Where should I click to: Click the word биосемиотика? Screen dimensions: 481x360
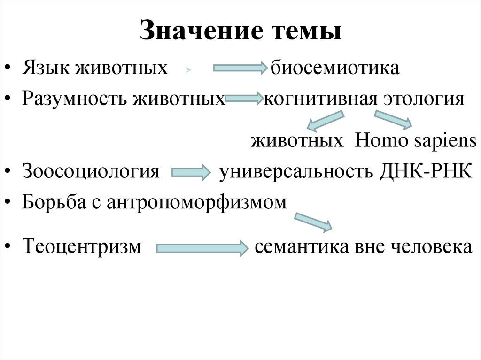click(x=334, y=68)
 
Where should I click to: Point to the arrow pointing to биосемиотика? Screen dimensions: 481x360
click(x=240, y=69)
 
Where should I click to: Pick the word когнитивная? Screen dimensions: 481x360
click(x=321, y=99)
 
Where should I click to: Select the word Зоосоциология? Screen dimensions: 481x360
click(x=90, y=171)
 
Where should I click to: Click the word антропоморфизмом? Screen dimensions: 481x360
click(x=196, y=202)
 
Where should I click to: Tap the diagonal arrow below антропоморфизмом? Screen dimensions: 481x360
click(x=313, y=222)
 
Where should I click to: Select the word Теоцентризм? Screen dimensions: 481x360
click(x=81, y=246)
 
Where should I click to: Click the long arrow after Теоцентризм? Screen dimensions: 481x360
click(x=202, y=247)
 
